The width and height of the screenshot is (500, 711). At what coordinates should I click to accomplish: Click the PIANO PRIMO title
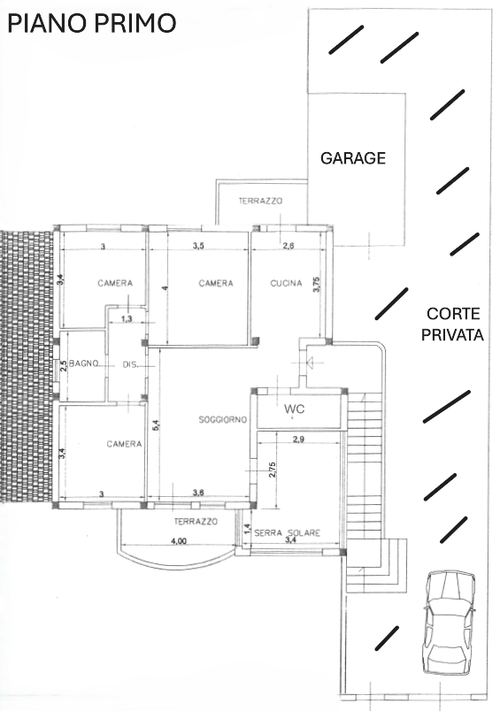click(92, 23)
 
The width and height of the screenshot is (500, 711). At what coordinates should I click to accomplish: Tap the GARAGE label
click(353, 157)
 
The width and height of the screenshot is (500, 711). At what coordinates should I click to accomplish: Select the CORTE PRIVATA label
click(452, 325)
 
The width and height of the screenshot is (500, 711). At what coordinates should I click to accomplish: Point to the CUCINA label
click(286, 283)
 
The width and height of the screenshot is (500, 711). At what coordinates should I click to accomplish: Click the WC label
click(295, 409)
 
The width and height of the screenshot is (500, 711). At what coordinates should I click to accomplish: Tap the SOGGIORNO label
click(222, 420)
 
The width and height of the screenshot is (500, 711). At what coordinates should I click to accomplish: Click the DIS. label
click(130, 364)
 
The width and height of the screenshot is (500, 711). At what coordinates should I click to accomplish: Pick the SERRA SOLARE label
click(288, 532)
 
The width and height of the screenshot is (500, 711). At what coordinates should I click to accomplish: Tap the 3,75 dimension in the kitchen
click(317, 284)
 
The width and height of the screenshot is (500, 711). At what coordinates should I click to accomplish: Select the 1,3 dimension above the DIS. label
click(127, 318)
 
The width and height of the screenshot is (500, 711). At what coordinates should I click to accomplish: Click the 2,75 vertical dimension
click(272, 470)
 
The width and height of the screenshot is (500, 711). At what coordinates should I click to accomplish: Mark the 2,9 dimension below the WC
click(298, 439)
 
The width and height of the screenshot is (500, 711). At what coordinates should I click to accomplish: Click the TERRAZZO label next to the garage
click(260, 201)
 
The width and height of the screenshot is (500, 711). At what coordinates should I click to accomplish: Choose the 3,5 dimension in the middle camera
click(198, 246)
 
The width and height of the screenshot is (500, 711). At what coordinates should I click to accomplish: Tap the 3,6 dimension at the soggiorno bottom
click(198, 493)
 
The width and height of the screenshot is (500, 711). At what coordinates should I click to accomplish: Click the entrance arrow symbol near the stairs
click(311, 362)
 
